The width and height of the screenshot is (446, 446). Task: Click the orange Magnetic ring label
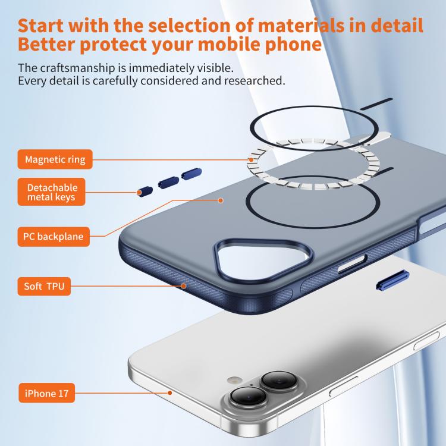55,159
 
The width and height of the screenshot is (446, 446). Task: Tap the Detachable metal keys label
52,192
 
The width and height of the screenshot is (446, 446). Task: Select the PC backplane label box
54,236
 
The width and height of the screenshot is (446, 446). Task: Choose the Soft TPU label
44,286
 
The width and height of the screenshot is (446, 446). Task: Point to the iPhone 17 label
46,393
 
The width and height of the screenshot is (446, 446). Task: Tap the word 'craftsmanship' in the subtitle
78,68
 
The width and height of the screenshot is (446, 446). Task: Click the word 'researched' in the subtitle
253,81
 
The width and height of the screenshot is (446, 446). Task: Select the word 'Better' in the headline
46,44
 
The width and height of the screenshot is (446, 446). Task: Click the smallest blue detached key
145,191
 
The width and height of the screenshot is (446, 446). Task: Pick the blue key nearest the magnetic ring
191,174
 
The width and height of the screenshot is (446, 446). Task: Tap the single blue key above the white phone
392,281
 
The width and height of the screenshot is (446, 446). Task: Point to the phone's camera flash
234,379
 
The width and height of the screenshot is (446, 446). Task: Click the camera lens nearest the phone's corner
248,397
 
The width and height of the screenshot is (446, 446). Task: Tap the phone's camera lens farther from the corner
279,382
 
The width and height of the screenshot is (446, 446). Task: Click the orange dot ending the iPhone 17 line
170,393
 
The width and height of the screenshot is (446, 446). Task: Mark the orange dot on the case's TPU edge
184,286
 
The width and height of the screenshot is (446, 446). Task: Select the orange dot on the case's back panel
221,200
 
